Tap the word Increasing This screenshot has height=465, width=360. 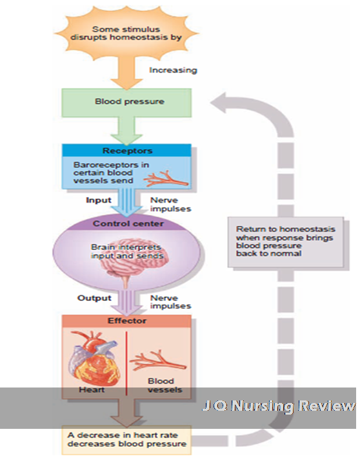coord(173,70)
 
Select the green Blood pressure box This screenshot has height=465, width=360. coord(129,102)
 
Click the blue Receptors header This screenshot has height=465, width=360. coord(127,151)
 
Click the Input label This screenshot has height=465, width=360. coord(99,200)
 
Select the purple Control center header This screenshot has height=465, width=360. coord(127,224)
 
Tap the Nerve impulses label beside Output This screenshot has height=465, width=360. coord(170,302)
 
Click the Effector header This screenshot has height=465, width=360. coord(127,320)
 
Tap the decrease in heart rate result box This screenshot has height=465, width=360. coord(127,439)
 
